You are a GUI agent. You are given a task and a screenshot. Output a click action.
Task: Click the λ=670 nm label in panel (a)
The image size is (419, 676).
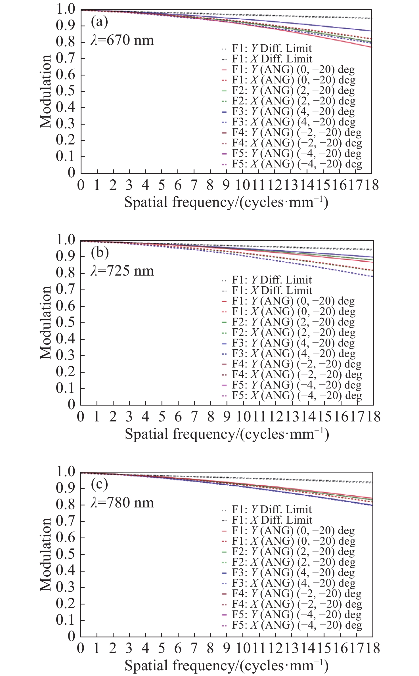122,40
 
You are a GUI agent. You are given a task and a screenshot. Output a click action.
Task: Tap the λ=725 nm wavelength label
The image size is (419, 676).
122,271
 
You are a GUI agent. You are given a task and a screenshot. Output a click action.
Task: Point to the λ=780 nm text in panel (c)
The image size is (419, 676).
122,503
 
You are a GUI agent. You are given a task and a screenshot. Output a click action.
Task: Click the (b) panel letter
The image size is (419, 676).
100,252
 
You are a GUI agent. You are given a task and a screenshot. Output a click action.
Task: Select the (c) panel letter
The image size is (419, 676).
99,484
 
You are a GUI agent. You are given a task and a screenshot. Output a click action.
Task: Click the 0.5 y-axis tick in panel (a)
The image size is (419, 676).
65,91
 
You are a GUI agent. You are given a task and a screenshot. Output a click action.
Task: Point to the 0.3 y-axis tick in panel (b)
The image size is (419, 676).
65,355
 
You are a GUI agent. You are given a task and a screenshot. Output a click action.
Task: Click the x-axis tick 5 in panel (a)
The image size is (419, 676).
162,185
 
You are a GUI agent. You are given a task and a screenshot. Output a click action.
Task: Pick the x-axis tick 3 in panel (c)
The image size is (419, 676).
129,648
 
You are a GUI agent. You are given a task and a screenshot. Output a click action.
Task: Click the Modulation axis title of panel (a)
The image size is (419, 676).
46,91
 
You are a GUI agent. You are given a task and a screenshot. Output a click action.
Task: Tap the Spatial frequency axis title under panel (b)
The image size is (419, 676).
227,434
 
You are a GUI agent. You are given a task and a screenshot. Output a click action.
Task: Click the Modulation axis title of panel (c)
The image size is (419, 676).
46,554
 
